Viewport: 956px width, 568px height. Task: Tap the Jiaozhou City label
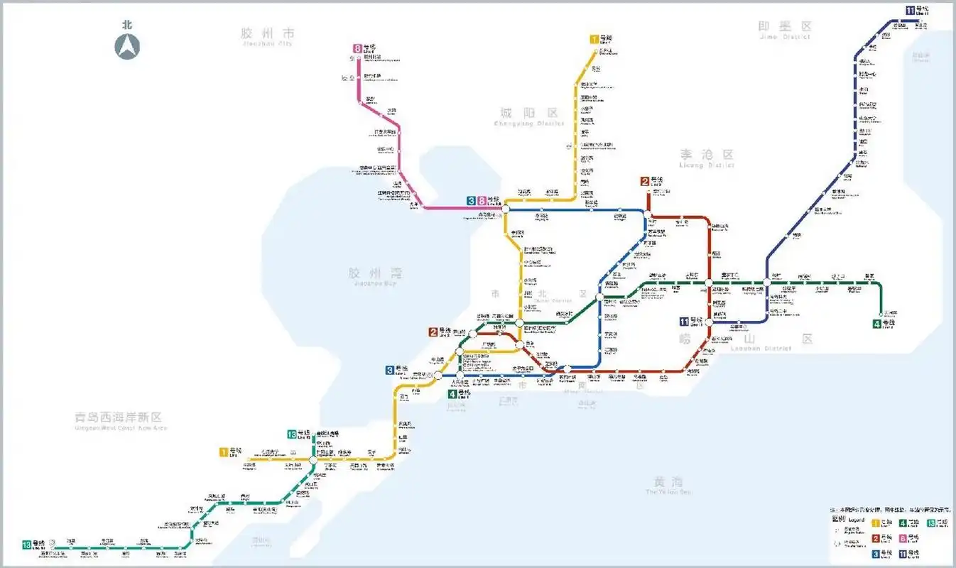(x=267, y=35)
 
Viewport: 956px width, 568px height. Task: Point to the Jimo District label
(x=785, y=29)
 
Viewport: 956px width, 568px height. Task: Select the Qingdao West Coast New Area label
(x=121, y=420)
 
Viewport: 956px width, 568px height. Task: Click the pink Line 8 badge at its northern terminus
(x=357, y=49)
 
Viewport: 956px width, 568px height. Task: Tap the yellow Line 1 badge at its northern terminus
(x=594, y=40)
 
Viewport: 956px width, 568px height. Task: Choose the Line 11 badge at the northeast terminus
(x=911, y=9)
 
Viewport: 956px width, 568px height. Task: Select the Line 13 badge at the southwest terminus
(x=27, y=545)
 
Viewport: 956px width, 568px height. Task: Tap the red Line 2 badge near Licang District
(x=645, y=181)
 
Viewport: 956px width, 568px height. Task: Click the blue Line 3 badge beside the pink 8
(x=471, y=201)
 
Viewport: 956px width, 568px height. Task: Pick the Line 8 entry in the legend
(x=904, y=538)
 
